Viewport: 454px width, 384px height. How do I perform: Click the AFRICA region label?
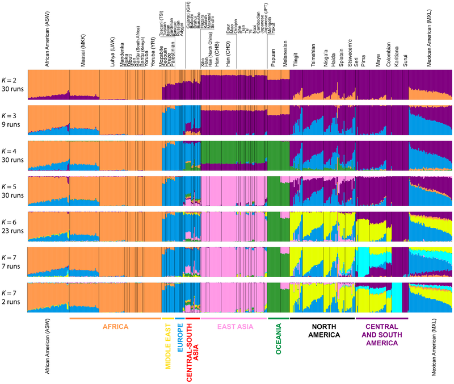(115, 327)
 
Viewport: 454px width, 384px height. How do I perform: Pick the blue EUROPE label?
(179, 341)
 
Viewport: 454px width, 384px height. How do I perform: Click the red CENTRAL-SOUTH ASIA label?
(193, 350)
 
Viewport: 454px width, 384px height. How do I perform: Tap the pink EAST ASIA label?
(234, 327)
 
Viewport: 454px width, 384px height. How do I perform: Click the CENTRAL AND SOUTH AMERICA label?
(381, 331)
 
